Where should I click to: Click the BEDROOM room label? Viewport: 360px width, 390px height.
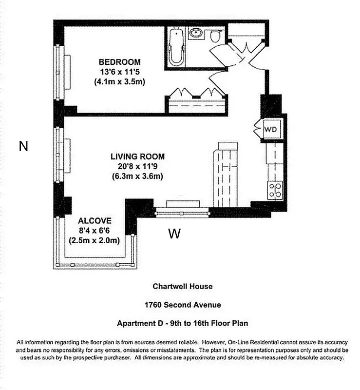119,62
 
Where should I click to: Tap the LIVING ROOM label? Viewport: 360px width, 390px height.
137,156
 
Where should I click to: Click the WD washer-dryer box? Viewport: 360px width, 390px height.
270,130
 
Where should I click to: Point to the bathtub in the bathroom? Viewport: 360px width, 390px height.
176,47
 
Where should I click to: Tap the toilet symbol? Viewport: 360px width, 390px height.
215,36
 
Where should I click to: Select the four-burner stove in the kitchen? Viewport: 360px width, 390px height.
275,190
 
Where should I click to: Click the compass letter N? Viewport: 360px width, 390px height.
23,146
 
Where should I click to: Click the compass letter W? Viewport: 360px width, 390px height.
174,234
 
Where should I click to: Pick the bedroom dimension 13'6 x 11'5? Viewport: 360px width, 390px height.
119,72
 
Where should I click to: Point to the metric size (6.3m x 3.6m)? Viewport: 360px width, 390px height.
137,176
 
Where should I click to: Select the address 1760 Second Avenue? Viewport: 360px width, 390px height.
183,305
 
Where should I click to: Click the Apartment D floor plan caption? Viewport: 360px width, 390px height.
183,323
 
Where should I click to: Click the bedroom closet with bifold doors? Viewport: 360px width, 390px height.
197,102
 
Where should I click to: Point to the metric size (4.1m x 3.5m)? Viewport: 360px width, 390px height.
119,81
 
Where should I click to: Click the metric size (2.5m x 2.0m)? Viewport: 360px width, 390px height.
94,240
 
